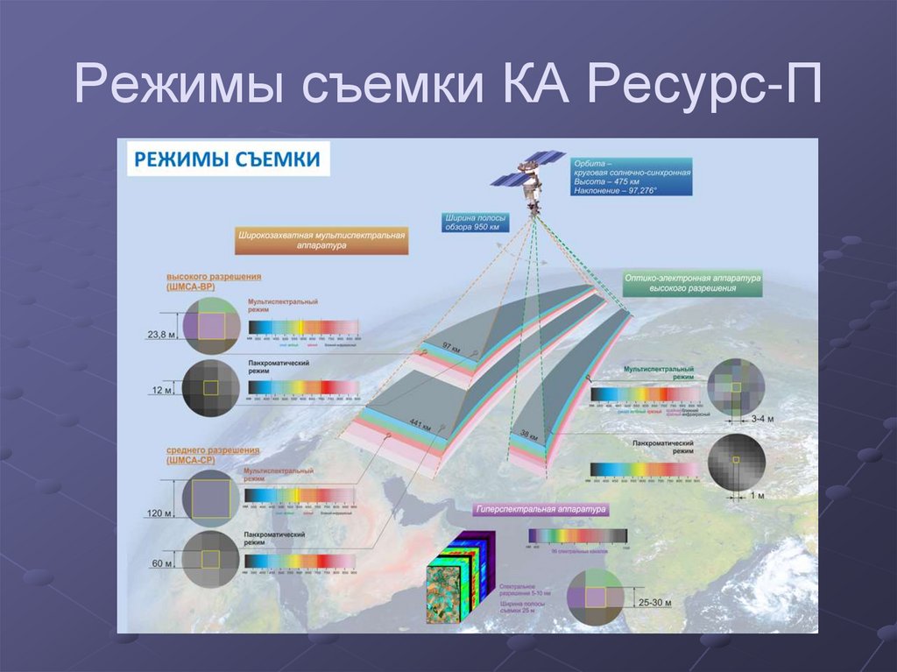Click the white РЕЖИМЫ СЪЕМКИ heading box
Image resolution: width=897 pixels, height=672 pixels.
pyautogui.click(x=225, y=159)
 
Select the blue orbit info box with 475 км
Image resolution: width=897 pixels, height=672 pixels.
pyautogui.click(x=631, y=177)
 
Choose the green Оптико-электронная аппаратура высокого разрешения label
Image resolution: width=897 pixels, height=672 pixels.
pyautogui.click(x=691, y=283)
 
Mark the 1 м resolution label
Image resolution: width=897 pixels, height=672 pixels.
pyautogui.click(x=759, y=496)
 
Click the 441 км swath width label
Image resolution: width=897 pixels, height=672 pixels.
pyautogui.click(x=420, y=427)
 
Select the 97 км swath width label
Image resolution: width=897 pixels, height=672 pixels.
pyautogui.click(x=450, y=349)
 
